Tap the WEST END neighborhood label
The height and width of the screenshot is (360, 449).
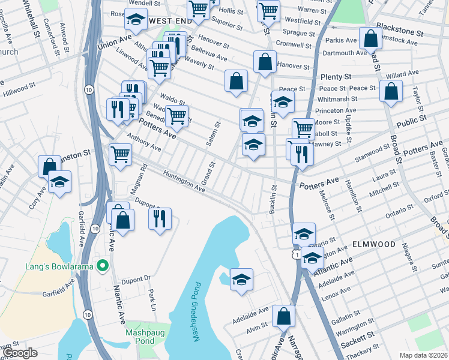170,21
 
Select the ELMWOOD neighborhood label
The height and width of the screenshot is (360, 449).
374,245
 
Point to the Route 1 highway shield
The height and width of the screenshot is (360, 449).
296,255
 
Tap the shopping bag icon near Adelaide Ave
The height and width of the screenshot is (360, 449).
283,316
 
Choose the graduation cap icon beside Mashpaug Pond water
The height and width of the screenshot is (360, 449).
241,280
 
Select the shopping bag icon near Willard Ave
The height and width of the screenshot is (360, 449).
391,92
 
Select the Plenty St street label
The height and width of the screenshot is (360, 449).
336,77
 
